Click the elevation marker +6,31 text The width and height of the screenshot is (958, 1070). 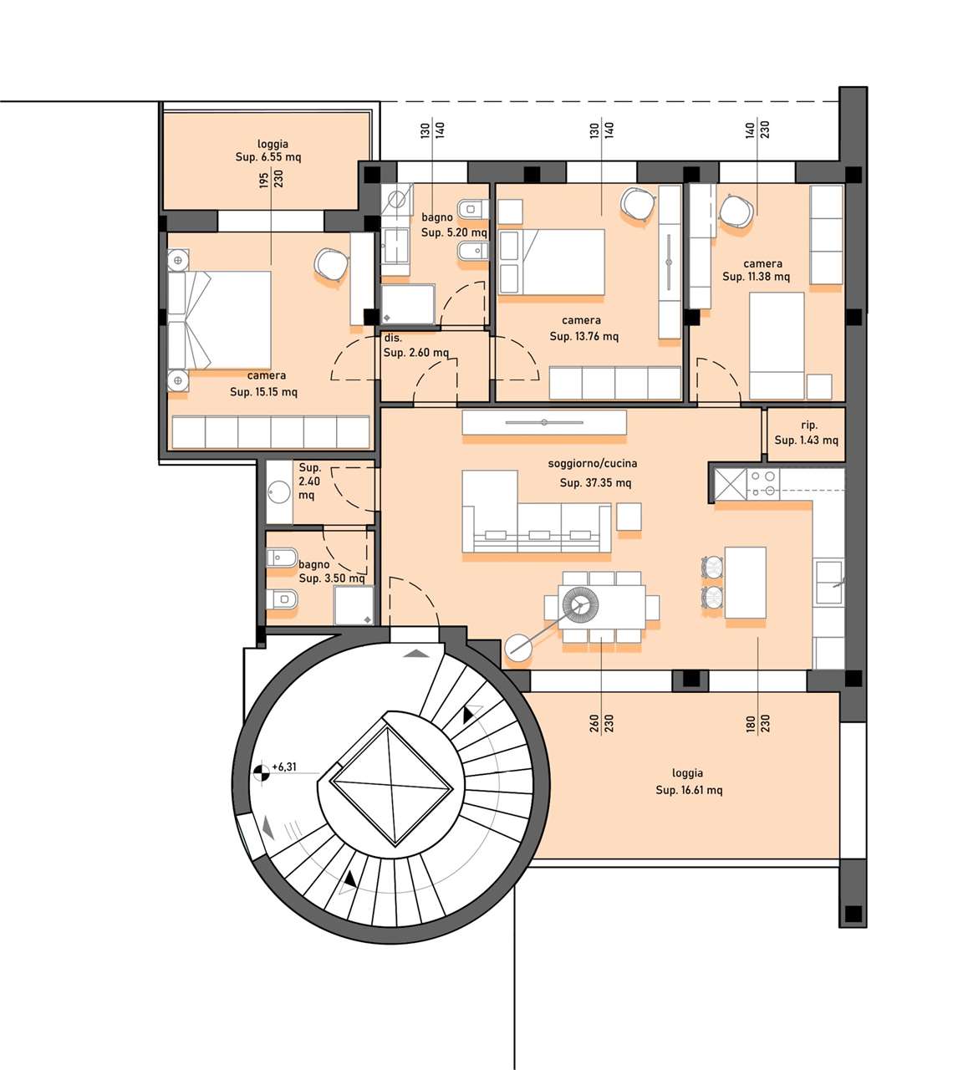pos(284,767)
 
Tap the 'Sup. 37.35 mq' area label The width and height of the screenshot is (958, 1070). pos(595,482)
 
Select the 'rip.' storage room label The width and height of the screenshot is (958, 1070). pos(809,425)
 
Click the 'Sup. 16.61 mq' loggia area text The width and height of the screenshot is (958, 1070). pos(689,790)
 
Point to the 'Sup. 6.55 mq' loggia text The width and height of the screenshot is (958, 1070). pos(268,157)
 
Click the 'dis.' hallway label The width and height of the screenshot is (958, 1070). pos(393,338)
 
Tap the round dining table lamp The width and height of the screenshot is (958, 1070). pos(579,604)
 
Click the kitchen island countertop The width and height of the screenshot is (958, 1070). pos(745,583)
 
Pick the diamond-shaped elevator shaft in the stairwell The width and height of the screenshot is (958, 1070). pos(391,785)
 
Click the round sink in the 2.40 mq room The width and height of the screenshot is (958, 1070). pos(279,492)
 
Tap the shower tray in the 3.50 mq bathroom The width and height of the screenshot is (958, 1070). pos(354,605)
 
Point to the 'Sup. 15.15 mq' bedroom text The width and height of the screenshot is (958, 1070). pos(263,392)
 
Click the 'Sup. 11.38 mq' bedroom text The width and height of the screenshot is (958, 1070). pos(757,276)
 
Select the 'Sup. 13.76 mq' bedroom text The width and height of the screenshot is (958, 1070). pos(584,336)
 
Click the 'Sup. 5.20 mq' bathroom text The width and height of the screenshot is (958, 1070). pos(454,232)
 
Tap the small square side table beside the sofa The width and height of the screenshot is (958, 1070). pos(629,517)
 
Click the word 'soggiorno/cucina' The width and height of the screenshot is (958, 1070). pos(593,463)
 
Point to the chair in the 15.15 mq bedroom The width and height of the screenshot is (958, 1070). pos(331,265)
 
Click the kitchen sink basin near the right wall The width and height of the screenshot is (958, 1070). pos(828,582)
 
